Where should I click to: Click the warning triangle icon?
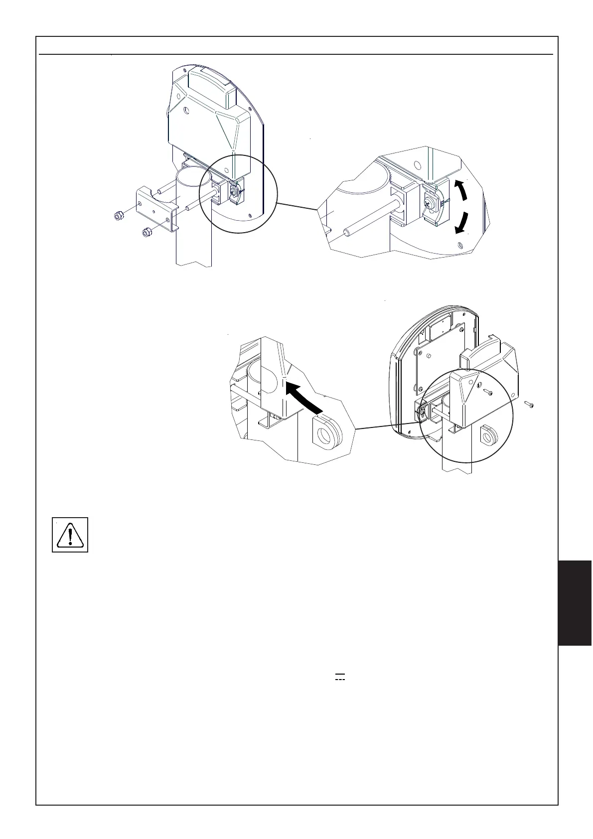coord(70,535)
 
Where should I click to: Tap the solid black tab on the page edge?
coord(575,603)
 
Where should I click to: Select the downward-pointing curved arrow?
coord(463,223)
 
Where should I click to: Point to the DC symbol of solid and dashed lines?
coord(340,677)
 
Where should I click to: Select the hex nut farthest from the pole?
coord(119,216)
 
